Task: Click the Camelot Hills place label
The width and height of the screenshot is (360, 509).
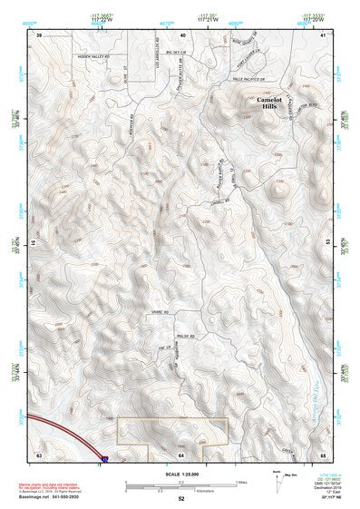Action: point(270,102)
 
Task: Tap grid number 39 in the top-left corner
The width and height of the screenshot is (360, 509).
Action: point(39,34)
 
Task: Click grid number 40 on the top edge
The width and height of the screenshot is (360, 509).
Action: point(182,34)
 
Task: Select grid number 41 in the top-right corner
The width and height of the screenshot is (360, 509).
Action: point(324,34)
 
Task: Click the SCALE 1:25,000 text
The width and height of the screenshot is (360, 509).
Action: point(180,473)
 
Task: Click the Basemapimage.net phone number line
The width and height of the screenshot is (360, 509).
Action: point(51,495)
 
